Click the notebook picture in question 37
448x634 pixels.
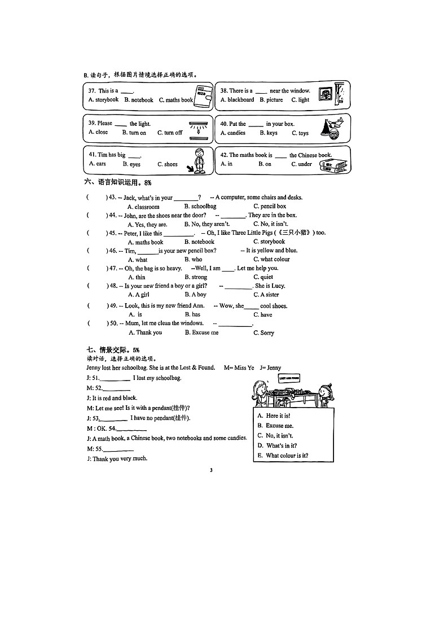(203, 97)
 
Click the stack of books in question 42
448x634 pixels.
(333, 165)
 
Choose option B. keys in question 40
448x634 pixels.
(269, 133)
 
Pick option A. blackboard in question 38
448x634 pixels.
(237, 100)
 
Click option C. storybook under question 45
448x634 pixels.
(269, 242)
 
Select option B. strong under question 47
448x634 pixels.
(196, 277)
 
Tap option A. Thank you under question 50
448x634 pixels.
(145, 333)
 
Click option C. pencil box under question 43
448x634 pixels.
(270, 207)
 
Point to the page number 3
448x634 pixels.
(210, 470)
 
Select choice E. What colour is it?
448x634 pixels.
(283, 456)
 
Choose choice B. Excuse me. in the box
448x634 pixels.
(275, 426)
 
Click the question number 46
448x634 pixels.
(113, 251)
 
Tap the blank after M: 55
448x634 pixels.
(118, 449)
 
